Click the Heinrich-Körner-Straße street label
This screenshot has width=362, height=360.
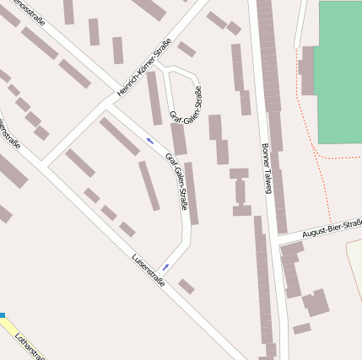coord(144,67)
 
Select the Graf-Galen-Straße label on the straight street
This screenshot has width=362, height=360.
coord(177,180)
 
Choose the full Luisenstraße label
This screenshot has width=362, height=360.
coord(148,270)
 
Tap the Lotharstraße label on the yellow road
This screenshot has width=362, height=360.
coord(30,346)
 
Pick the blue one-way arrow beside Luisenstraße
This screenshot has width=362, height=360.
coord(165,267)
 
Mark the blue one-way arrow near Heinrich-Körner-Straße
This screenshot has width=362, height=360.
coord(149,140)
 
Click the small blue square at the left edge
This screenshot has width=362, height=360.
coord(3,315)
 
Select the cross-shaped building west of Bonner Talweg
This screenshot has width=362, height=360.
coord(240,191)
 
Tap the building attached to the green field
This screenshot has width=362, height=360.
coord(308,70)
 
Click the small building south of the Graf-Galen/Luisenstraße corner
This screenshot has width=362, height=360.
coord(186,287)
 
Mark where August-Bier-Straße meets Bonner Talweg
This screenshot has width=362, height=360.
coord(276,239)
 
